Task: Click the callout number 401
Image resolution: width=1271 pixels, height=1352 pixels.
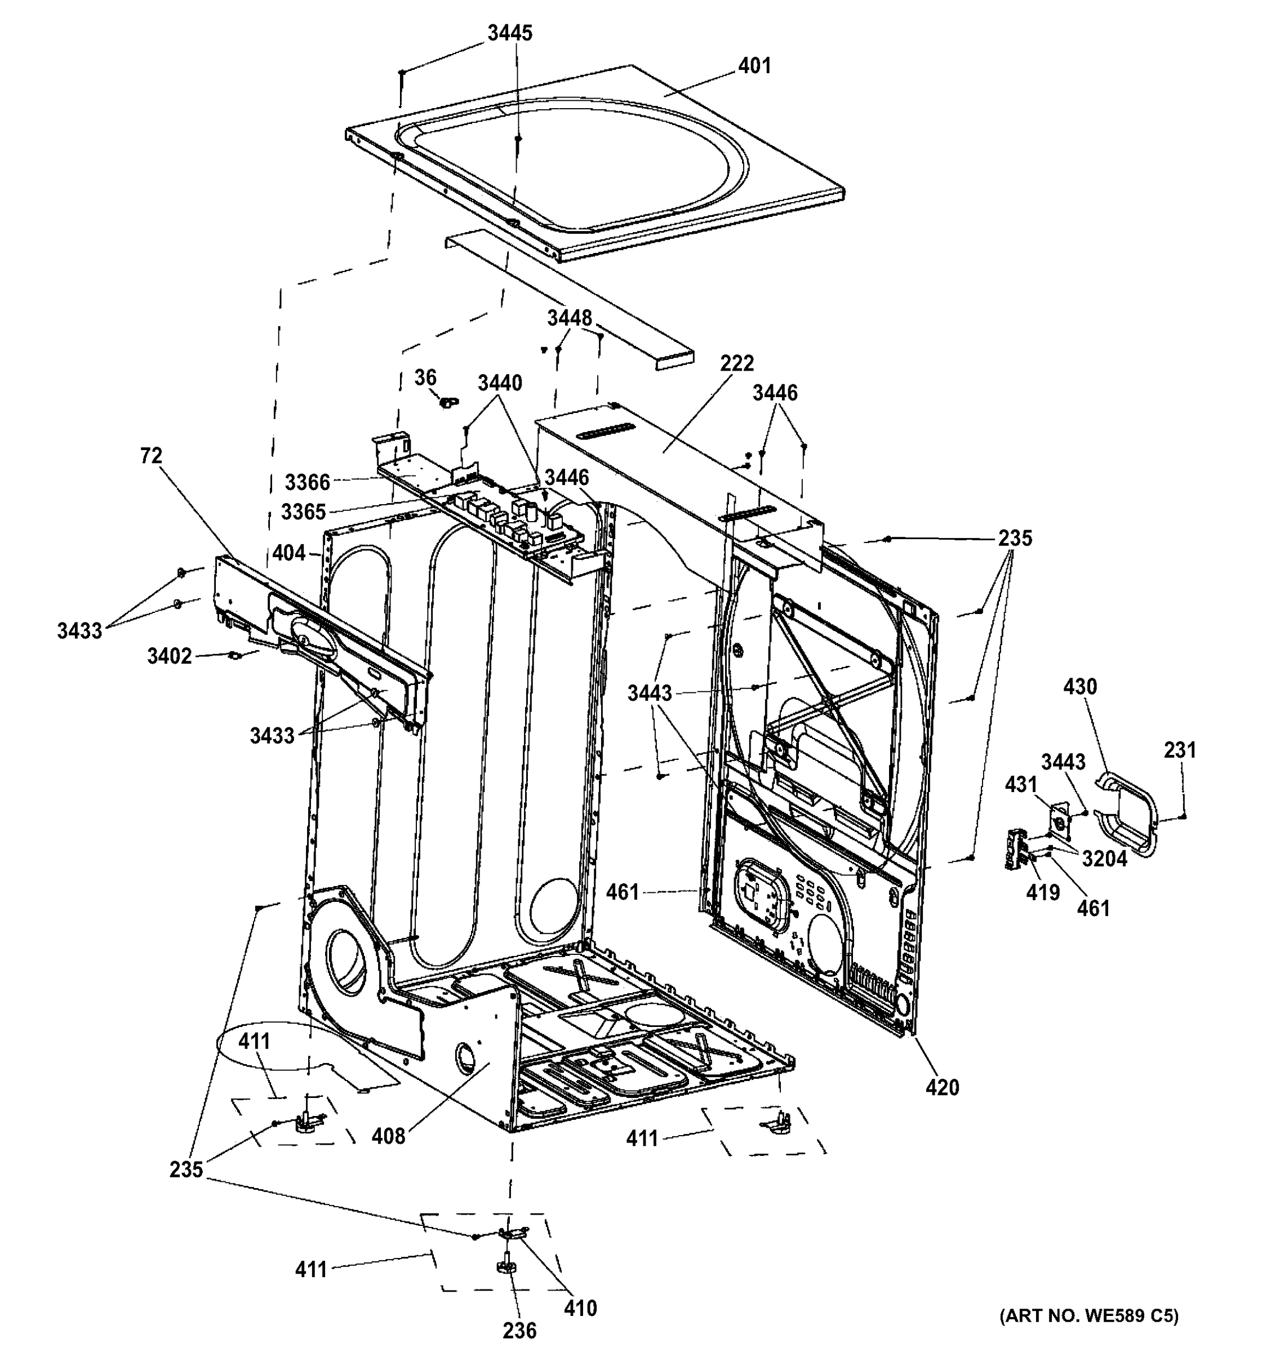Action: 754,66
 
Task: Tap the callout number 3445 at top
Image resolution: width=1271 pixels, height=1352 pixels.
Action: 510,33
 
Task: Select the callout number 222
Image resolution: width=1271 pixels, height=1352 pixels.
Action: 737,363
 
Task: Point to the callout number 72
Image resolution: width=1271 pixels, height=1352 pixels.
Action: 151,456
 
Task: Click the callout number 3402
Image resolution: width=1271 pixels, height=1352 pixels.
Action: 170,656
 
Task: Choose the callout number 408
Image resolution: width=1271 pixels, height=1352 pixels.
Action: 388,1135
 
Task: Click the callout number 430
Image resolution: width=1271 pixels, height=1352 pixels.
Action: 1080,687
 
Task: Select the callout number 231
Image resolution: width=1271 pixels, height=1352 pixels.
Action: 1180,750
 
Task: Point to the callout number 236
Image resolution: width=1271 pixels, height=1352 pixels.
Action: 519,1329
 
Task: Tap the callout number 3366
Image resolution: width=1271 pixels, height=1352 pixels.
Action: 308,482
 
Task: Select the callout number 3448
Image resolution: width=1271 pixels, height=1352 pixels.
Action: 570,318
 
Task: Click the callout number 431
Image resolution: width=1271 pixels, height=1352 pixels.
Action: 1021,784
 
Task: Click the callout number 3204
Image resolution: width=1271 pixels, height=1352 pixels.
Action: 1104,859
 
